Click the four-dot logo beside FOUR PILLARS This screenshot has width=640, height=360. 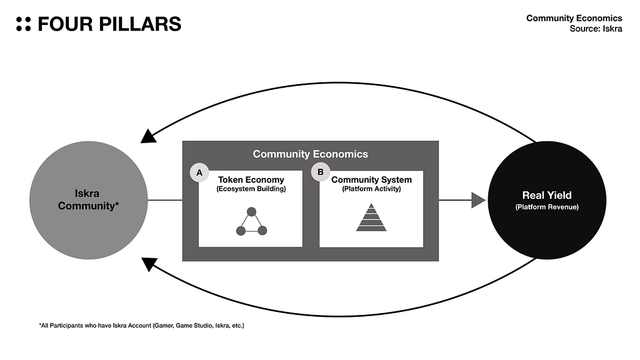(x=23, y=24)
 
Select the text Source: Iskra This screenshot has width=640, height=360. (x=596, y=29)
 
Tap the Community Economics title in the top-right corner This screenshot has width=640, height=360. (x=574, y=18)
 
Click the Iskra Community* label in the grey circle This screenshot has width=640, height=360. (x=88, y=200)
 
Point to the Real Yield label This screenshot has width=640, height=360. (x=547, y=196)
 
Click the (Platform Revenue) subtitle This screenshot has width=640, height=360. (x=547, y=207)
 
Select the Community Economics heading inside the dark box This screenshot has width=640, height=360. (x=310, y=154)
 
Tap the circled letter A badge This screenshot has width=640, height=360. (x=197, y=172)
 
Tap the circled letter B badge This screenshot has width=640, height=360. (x=319, y=172)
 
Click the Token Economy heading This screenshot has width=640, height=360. (x=251, y=180)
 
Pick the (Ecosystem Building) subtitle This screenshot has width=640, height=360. (x=251, y=189)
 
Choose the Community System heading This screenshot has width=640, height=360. (x=371, y=180)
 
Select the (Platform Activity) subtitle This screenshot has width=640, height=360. (x=371, y=189)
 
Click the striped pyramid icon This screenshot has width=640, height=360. (x=371, y=217)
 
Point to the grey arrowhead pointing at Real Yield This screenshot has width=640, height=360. (x=478, y=200)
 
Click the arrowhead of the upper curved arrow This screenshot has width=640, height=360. (x=148, y=135)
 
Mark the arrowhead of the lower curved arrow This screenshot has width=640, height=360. (x=148, y=264)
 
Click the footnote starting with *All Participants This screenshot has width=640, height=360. (x=141, y=326)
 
